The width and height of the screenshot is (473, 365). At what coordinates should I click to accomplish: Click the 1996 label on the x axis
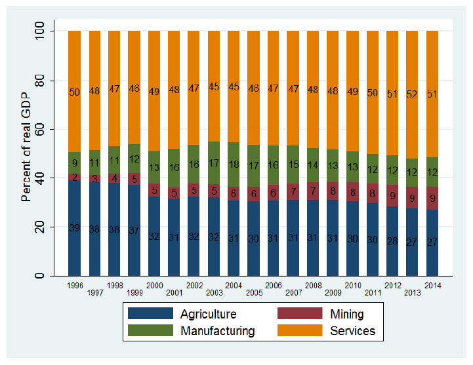click(x=74, y=285)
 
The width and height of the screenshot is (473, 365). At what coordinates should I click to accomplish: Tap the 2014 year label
click(x=432, y=285)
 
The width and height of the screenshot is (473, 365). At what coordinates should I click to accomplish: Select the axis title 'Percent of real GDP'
click(x=27, y=153)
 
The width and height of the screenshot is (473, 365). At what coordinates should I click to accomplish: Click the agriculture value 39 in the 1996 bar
click(x=74, y=227)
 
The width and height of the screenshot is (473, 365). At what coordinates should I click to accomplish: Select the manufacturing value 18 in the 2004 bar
click(x=234, y=164)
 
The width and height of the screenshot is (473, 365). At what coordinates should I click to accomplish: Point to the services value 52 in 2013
click(x=413, y=94)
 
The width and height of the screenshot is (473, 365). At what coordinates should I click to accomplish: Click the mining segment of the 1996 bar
click(x=74, y=177)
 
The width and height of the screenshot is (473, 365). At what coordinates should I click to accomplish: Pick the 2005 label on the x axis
click(x=253, y=293)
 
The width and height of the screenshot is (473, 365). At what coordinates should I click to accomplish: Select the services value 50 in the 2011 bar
click(x=373, y=92)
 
